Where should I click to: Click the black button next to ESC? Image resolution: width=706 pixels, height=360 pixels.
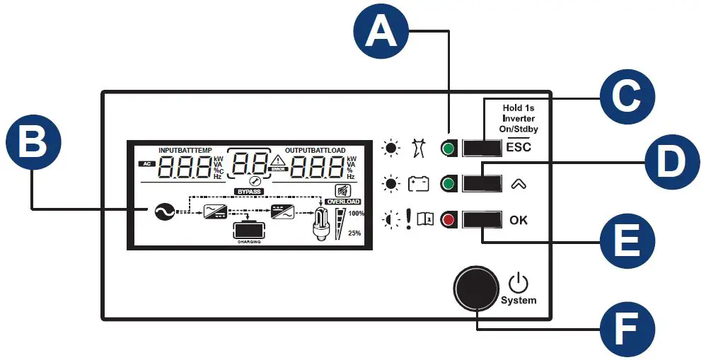click(482, 148)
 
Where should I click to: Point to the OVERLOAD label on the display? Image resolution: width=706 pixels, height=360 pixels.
click(343, 202)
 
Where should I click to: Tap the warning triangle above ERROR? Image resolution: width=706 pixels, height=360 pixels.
click(277, 161)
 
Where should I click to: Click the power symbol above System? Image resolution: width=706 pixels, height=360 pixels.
click(519, 283)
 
